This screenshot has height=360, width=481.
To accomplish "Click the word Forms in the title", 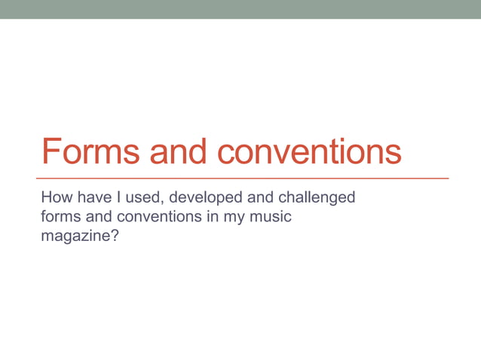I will (x=90, y=152).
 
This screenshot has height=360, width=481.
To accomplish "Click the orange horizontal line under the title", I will (x=245, y=178).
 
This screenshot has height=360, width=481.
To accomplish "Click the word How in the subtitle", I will (x=56, y=199).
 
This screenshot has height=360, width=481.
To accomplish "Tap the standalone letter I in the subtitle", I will (x=118, y=199).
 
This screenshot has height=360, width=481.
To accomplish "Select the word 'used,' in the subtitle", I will (x=144, y=199).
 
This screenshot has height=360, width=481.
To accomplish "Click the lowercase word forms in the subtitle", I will (x=59, y=218).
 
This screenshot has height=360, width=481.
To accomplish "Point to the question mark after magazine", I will (x=115, y=236).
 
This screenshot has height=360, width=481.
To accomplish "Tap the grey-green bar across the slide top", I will (x=240, y=9).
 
